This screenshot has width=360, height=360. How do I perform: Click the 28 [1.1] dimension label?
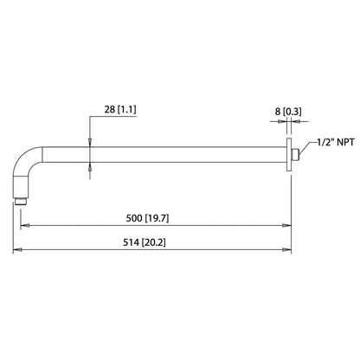pyautogui.click(x=120, y=110)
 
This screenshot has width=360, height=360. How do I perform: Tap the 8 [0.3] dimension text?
pyautogui.click(x=288, y=112)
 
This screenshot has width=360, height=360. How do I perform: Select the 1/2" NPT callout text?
pyautogui.click(x=336, y=142)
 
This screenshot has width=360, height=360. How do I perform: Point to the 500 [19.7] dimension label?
pyautogui.click(x=147, y=218)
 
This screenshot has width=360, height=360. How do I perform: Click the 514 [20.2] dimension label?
pyautogui.click(x=145, y=242)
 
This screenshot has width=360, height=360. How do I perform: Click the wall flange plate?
pyautogui.click(x=289, y=155)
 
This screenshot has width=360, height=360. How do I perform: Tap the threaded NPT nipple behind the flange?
pyautogui.click(x=295, y=155)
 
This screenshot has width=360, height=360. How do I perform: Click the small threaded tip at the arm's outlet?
pyautogui.click(x=21, y=201)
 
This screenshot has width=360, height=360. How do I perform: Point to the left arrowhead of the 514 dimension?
pyautogui.click(x=17, y=250)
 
